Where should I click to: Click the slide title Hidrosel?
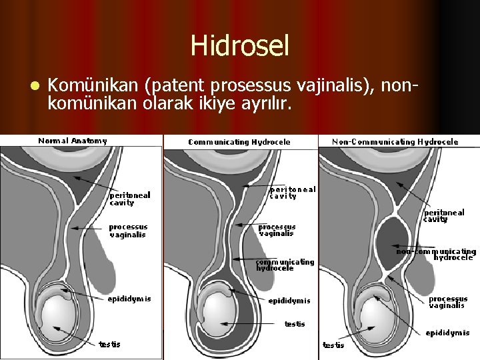point(240,46)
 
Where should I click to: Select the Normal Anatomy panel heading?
point(73,141)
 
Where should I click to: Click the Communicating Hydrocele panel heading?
point(239,141)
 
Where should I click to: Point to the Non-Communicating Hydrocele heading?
point(395,141)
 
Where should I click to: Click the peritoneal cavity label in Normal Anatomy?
point(130,199)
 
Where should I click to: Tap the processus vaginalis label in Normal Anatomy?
point(128,231)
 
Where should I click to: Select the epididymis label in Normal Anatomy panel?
point(129,299)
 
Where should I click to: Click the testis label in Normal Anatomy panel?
point(110,344)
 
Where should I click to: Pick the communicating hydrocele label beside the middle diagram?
point(285,265)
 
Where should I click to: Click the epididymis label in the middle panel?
point(289,301)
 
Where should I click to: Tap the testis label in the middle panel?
point(295,324)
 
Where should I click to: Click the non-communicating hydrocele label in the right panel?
point(437,254)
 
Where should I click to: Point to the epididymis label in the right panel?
point(447,333)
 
